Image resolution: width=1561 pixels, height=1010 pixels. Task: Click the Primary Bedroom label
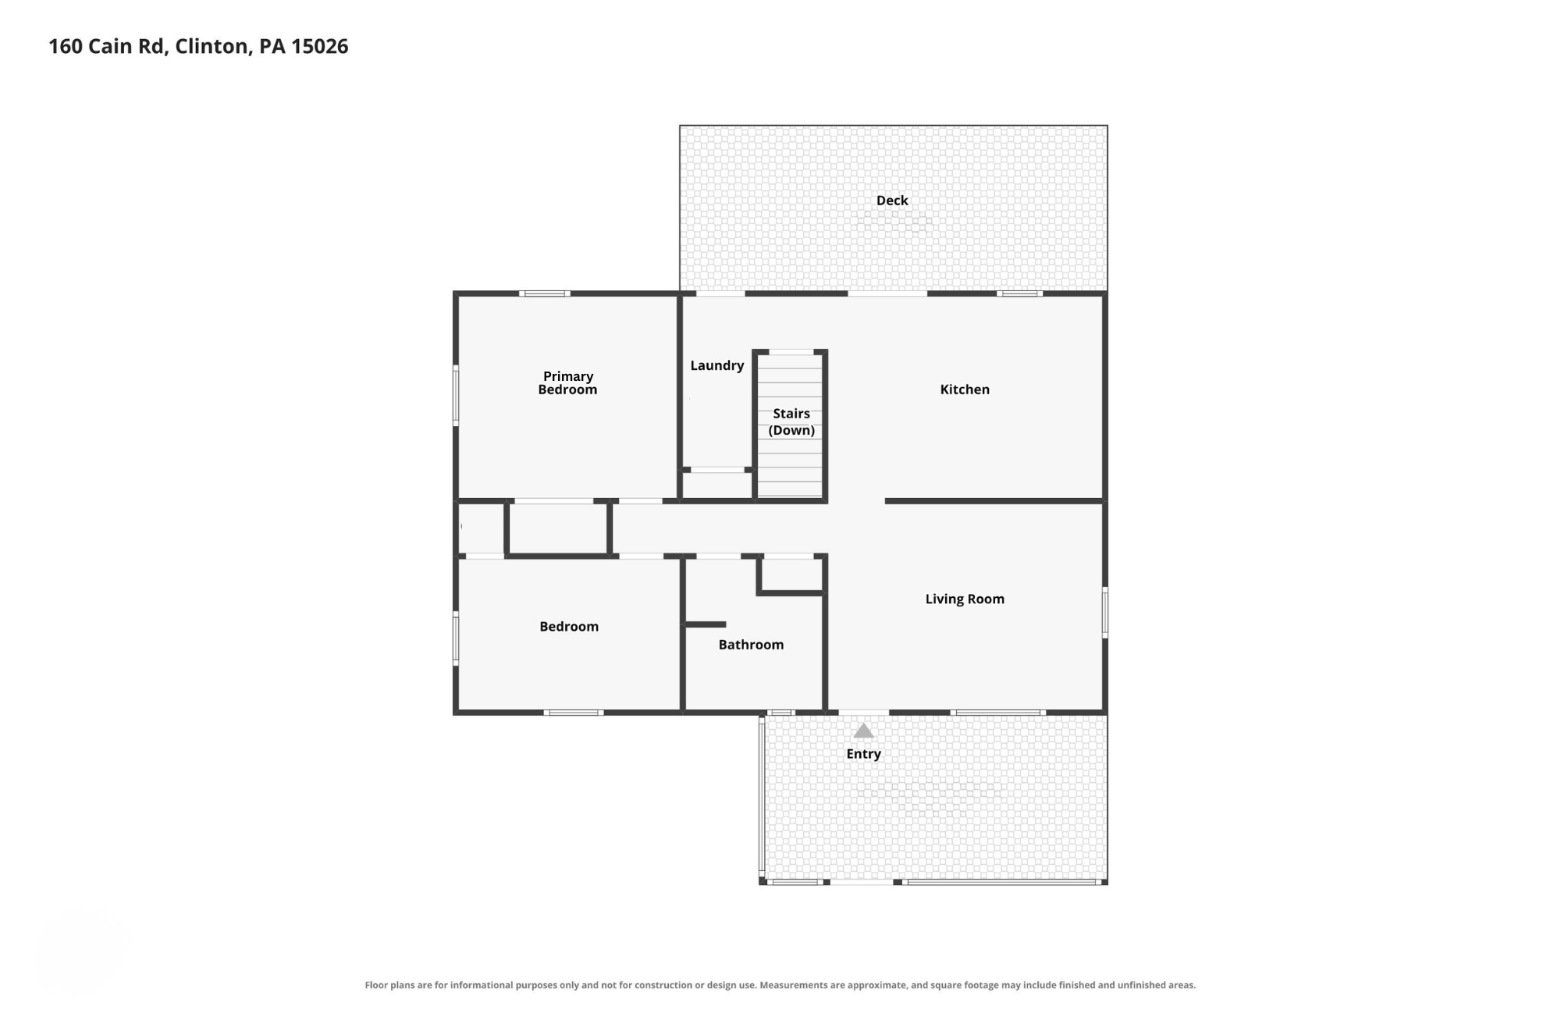(x=567, y=382)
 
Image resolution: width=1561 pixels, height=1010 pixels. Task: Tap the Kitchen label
(x=965, y=389)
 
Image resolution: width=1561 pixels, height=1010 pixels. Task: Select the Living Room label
(x=965, y=599)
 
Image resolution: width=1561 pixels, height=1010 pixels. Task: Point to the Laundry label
(x=717, y=365)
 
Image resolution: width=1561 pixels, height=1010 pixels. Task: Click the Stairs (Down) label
(x=791, y=421)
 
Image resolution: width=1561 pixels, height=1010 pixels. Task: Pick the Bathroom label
(x=751, y=644)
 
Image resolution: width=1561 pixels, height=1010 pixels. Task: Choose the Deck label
(x=892, y=201)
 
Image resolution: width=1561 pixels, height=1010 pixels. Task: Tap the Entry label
(x=863, y=754)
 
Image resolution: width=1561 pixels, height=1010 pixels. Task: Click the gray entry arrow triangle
(x=863, y=731)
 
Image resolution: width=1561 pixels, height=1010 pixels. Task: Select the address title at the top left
(x=198, y=46)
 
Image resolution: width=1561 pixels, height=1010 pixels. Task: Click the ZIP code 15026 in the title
(x=320, y=46)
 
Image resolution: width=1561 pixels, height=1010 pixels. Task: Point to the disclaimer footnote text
(x=780, y=985)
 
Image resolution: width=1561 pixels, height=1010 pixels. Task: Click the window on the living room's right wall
(x=1104, y=613)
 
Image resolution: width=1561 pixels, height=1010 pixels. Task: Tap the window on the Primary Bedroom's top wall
(x=545, y=293)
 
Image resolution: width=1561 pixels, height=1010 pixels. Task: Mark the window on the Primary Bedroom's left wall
(x=456, y=396)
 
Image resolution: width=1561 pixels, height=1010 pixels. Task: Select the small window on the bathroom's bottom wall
(x=780, y=713)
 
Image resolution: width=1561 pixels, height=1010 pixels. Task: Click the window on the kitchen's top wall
(x=1019, y=293)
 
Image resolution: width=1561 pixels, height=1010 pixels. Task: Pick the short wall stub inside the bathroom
(x=706, y=624)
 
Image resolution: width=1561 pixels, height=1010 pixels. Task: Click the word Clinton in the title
(x=212, y=46)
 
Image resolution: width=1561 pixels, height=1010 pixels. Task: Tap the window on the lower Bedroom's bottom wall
(x=574, y=713)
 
